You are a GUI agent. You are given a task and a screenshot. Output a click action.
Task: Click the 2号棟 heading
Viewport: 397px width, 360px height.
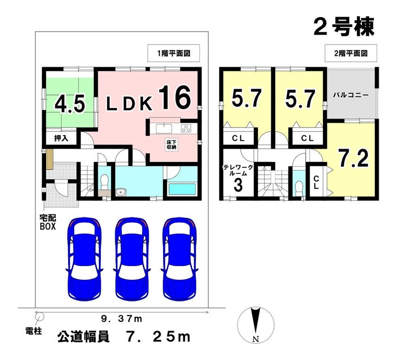coord(344,27)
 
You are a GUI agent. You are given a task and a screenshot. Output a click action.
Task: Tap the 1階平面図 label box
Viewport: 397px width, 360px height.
coord(174,53)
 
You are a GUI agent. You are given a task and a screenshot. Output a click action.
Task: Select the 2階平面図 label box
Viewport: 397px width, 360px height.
coord(351,53)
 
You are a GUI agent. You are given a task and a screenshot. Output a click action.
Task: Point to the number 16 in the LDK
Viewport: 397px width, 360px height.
coord(175,97)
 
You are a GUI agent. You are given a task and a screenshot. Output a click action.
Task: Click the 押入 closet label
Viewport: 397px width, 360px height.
coord(61,138)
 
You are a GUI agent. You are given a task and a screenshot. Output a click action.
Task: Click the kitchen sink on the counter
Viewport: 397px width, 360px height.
coord(164,129)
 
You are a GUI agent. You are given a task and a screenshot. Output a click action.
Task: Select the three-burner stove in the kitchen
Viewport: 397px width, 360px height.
coord(186,129)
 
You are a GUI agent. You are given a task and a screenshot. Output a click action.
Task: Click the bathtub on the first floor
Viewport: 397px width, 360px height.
coord(182,189)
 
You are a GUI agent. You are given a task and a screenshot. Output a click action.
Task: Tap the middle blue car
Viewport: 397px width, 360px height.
coord(132,259)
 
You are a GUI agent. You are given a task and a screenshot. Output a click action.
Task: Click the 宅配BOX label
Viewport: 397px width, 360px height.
coord(48,222)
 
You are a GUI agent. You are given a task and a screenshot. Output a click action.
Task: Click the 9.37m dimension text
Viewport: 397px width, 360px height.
coord(121,319)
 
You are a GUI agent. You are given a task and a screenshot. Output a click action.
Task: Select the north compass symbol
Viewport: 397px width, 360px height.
coord(256,325)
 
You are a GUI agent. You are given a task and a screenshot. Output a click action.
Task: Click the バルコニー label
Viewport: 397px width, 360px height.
coord(351,95)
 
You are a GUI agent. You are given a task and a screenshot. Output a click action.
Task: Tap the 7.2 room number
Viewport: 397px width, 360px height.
coord(354,158)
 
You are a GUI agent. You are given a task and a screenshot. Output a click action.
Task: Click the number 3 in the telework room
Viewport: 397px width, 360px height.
coord(238,185)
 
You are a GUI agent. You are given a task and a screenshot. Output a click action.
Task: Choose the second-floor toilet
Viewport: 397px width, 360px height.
coord(299,188)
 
